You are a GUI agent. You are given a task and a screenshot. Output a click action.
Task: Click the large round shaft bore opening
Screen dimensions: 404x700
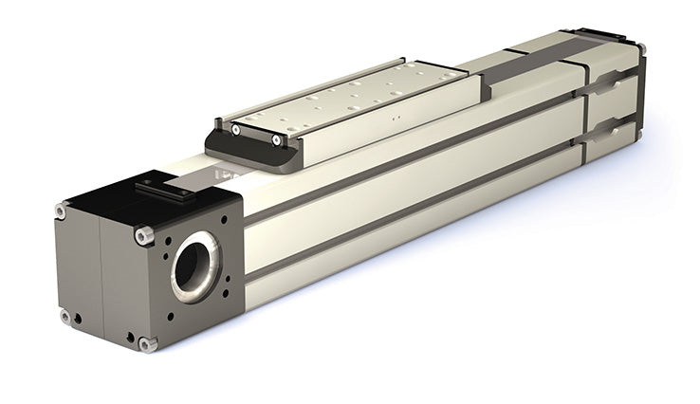click(x=195, y=259)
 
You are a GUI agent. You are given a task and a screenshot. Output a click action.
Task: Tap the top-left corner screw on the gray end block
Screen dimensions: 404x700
click(x=61, y=211)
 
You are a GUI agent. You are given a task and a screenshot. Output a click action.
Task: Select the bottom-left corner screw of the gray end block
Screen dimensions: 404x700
click(x=64, y=316)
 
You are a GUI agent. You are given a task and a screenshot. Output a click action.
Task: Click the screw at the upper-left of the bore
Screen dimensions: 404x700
click(x=143, y=233)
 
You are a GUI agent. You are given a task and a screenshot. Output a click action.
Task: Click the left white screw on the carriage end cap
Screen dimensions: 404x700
click(x=235, y=129)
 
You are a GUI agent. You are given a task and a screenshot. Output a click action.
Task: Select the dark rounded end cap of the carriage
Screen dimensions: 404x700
click(x=251, y=146)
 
